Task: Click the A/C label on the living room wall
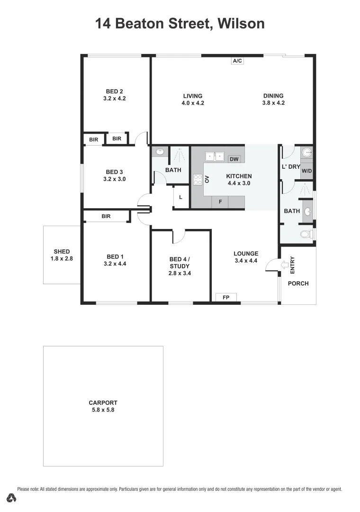[237, 61]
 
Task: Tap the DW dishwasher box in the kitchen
[234, 159]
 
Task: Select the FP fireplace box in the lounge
[226, 297]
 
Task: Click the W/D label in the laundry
[307, 170]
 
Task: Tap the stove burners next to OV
[197, 179]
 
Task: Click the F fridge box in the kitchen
[220, 201]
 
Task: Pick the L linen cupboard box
[180, 197]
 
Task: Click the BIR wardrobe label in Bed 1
[106, 216]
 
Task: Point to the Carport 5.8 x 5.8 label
[103, 406]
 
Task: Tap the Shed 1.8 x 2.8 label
[62, 255]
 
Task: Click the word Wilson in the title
[240, 23]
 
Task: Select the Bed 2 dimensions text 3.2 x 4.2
[114, 99]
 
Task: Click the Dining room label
[273, 96]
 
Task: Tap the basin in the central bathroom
[160, 152]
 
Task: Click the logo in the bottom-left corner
[12, 498]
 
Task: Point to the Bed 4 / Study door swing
[179, 236]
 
